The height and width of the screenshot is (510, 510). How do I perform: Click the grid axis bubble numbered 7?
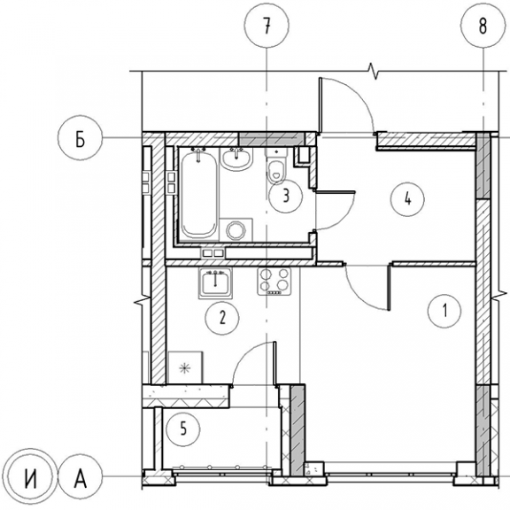(x=267, y=25)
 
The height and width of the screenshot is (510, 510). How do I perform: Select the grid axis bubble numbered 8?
(x=483, y=25)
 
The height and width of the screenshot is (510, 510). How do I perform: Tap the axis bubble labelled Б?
(x=80, y=138)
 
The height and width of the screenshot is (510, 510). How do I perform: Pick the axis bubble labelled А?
(x=80, y=476)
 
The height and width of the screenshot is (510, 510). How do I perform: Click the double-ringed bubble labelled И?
(x=31, y=476)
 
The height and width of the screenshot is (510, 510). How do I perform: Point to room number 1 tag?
(x=444, y=312)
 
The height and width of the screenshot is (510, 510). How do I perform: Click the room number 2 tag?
(x=222, y=318)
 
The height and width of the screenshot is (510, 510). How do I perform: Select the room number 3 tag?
(x=286, y=197)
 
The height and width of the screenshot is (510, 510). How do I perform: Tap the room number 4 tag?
(x=408, y=199)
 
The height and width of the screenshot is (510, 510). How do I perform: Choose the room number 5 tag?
(x=183, y=429)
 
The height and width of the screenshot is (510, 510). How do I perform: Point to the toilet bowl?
(x=276, y=166)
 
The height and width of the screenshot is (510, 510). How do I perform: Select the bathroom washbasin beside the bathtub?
(x=236, y=158)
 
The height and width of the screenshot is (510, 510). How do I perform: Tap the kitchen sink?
(x=215, y=283)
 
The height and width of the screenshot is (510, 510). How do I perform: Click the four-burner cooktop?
(x=274, y=282)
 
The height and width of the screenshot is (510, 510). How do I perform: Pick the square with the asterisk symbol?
(x=185, y=367)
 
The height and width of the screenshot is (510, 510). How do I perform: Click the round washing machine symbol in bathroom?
(x=236, y=230)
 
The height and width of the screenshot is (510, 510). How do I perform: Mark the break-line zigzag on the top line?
(x=373, y=71)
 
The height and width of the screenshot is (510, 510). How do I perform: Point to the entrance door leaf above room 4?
(x=321, y=106)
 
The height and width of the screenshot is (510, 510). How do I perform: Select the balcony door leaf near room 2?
(x=275, y=364)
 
